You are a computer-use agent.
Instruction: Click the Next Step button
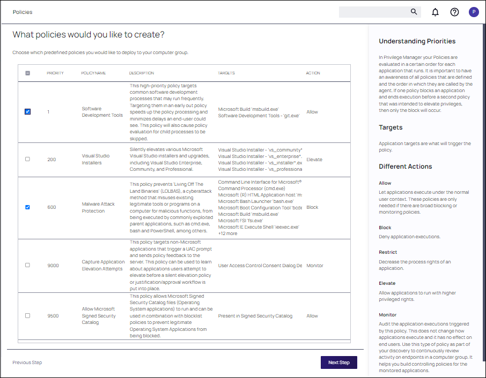tap(338, 362)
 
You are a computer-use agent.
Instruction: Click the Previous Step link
tap(27, 362)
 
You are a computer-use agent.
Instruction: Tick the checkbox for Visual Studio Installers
tap(27, 159)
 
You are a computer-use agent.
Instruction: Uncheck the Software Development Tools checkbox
tap(27, 112)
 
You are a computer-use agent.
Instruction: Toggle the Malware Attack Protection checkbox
tap(27, 207)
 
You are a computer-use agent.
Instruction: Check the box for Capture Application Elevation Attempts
tap(27, 265)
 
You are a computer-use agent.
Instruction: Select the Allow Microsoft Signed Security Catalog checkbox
tap(27, 315)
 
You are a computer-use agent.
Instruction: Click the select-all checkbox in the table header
tap(27, 73)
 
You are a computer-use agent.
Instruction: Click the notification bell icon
tap(435, 12)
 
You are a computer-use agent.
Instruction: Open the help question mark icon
tap(454, 12)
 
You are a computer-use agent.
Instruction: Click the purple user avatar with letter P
tap(474, 12)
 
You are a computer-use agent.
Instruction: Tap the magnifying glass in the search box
tap(414, 12)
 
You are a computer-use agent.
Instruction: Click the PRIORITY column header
tap(55, 73)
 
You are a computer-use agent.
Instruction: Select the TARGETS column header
tap(226, 73)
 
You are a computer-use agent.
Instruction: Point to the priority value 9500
tap(53, 316)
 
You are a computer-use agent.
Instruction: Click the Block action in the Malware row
tap(312, 207)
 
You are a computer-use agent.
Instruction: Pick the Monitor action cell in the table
tap(314, 266)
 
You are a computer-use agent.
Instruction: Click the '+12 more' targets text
tap(228, 233)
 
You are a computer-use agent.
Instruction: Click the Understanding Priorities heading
tap(417, 41)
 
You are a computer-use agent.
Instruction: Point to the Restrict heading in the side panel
tap(387, 252)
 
